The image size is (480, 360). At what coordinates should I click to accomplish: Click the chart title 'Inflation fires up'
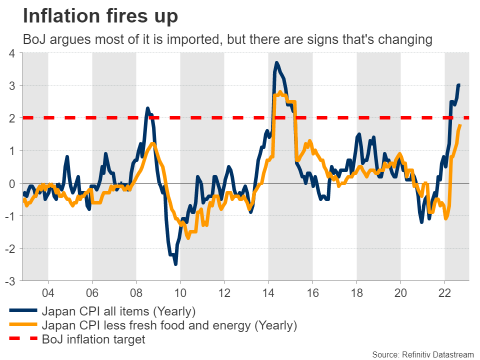(100, 16)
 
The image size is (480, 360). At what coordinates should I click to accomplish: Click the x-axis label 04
(48, 292)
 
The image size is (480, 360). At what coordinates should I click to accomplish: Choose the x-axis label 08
(136, 292)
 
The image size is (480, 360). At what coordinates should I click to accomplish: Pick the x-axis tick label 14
(268, 292)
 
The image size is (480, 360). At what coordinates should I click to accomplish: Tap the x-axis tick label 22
(444, 292)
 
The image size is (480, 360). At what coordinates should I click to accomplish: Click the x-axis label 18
(356, 292)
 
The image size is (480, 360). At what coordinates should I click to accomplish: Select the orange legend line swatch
(23, 325)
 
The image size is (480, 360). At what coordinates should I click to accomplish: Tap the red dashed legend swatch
(23, 340)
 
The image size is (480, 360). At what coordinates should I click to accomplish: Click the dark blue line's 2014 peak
(276, 63)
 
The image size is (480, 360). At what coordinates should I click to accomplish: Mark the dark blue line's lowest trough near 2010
(175, 264)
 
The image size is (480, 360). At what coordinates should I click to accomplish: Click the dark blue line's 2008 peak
(147, 108)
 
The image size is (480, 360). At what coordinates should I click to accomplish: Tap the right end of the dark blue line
(459, 85)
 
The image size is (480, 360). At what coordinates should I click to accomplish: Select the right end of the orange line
(460, 125)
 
